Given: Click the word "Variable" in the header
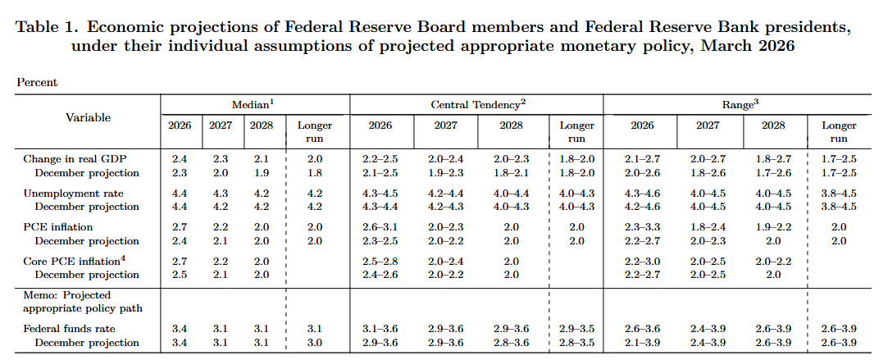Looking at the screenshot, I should (x=88, y=117).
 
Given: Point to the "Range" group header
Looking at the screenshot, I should (x=740, y=104).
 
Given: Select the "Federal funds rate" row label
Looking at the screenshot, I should (x=69, y=329).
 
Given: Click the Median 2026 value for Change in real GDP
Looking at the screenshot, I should (x=180, y=158).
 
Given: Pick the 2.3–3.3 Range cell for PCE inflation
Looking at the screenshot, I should (x=642, y=226).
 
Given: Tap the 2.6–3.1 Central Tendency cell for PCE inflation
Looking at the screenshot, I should (x=380, y=226).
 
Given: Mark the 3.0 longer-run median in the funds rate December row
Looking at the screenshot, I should (x=315, y=343).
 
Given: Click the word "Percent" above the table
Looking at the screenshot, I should (x=37, y=82).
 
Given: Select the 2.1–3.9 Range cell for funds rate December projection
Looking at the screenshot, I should (x=642, y=343).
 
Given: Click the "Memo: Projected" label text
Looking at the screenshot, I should (x=66, y=294).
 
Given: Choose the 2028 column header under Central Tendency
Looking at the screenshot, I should (x=509, y=125).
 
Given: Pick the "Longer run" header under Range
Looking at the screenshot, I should (x=838, y=132).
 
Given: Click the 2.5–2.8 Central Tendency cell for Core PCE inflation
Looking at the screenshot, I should (x=380, y=261).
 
